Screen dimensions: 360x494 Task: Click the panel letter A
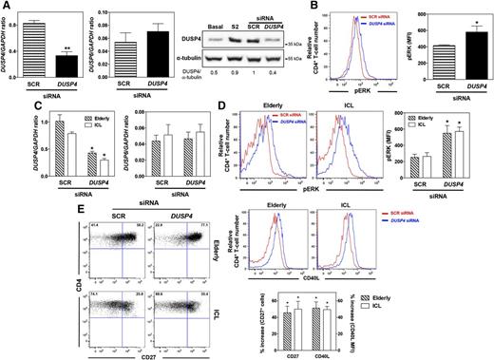click(x=6, y=7)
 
